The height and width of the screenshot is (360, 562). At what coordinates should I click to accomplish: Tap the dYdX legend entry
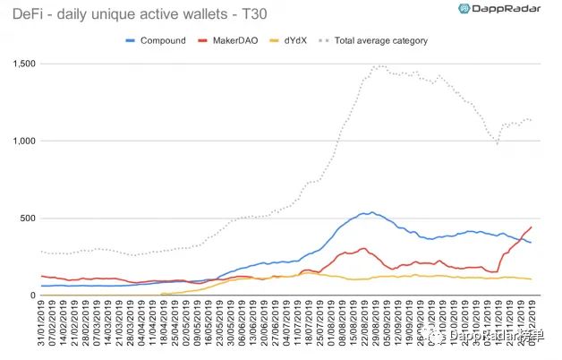pos(294,40)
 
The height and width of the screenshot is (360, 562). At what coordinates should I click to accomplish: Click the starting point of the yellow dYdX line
pos(161,294)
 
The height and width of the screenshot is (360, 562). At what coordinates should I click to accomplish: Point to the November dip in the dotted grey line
pos(497,143)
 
